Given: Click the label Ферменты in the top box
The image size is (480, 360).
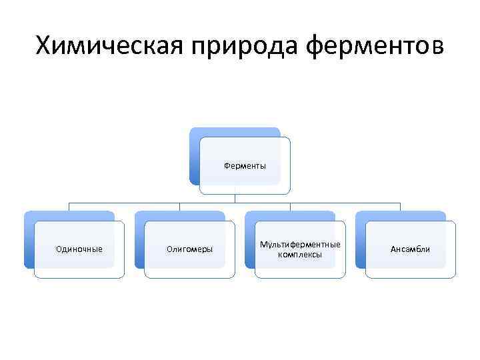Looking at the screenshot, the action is click(x=245, y=165).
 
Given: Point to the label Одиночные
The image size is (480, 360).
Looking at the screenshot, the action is click(x=79, y=249).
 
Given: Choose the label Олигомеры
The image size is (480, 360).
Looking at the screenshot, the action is click(x=189, y=249).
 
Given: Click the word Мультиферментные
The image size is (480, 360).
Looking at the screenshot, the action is click(x=300, y=244).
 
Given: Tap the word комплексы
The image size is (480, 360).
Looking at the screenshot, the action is click(x=300, y=254).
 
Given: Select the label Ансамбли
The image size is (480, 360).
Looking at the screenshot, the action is click(x=410, y=249).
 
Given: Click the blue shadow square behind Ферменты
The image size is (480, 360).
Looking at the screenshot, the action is click(x=195, y=157).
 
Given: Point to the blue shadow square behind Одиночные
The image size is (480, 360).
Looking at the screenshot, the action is click(x=29, y=240).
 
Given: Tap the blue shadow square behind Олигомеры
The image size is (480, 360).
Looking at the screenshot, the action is click(x=139, y=240).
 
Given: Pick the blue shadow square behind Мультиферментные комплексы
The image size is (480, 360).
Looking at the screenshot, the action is click(x=250, y=240).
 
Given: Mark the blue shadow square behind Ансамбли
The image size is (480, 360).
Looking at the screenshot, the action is click(x=361, y=240).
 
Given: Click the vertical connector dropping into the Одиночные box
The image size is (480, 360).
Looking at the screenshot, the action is click(x=69, y=207).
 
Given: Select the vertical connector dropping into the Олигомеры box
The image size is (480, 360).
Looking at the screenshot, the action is click(x=179, y=207).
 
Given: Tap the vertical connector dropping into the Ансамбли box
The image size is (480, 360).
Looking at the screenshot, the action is click(x=400, y=207).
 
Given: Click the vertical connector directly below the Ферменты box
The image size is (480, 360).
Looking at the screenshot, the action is click(x=235, y=198).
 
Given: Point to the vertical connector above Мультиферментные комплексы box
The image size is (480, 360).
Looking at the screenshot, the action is click(x=290, y=207).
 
